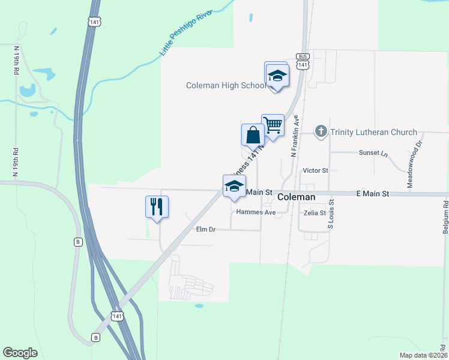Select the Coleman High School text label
[226, 86]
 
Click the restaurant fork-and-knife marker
[157, 207]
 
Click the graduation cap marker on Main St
[234, 185]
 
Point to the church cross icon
[321, 131]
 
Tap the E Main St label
[373, 194]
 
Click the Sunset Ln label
[373, 153]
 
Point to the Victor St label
[316, 170]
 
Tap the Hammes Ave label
[256, 212]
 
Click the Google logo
[20, 352]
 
